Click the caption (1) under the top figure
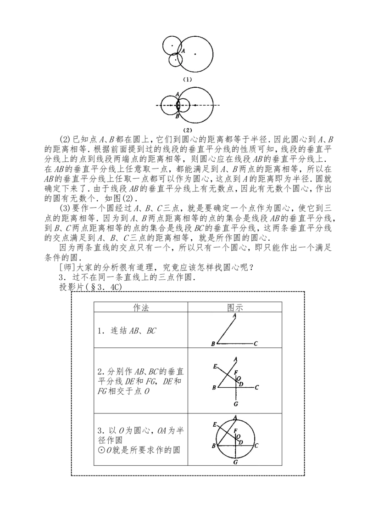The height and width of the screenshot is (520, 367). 187,79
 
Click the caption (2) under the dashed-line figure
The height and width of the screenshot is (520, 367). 187,130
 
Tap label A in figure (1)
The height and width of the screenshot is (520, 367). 183,51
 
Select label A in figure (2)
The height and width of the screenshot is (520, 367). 178,94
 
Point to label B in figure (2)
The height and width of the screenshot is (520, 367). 178,117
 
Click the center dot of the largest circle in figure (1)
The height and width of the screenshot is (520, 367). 195,54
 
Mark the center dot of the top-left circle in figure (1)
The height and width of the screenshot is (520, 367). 172,45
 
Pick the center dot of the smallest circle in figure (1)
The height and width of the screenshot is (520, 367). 175,60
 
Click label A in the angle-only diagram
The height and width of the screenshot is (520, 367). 234,316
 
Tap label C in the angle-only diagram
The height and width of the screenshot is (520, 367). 256,343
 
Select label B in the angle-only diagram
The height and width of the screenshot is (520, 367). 213,344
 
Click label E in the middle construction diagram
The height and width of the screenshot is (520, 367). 215,366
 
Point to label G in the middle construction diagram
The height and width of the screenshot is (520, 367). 235,404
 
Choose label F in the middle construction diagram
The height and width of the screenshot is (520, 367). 235,373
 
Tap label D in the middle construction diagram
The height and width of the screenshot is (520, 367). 241,384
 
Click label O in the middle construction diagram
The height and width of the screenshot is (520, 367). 239,378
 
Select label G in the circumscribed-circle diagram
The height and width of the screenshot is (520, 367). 235,462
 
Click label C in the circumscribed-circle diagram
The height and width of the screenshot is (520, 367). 256,446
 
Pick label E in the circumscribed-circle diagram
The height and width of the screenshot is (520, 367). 215,425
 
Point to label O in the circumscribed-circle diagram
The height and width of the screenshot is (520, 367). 239,436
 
